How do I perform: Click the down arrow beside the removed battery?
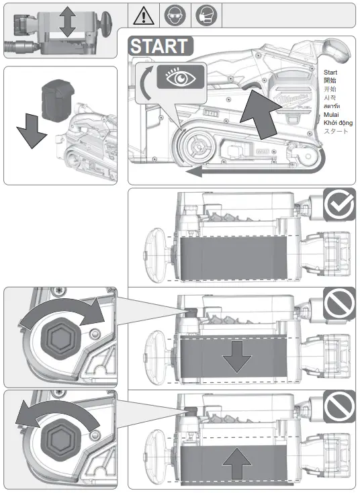pos(31,130)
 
